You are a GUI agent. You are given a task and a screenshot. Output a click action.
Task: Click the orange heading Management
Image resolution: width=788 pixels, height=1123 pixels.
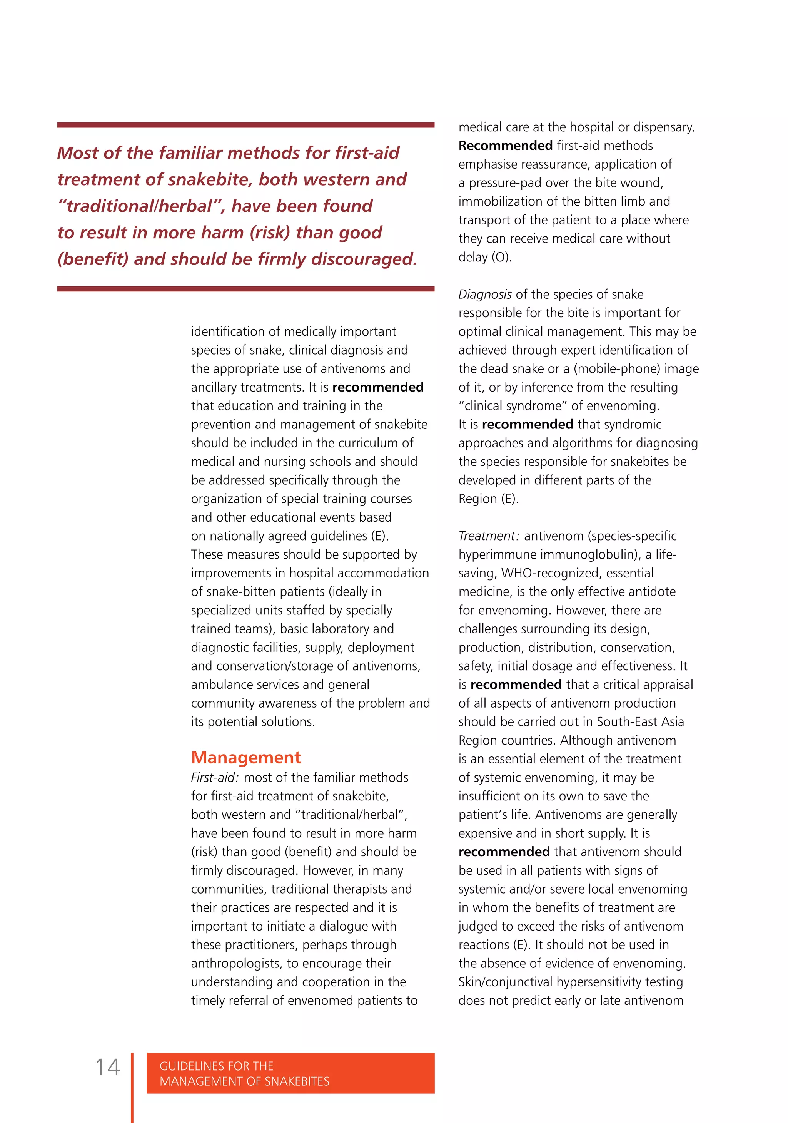tap(245, 757)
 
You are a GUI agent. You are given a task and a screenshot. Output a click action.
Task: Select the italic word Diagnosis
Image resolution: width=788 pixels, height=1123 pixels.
tap(484, 295)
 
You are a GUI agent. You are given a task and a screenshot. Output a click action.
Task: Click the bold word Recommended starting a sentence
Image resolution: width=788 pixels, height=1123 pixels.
tap(505, 146)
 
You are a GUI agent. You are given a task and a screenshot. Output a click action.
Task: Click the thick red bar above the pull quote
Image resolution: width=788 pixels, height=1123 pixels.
tap(245, 125)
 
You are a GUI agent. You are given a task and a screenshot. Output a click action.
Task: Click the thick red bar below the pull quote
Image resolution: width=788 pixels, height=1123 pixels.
tap(245, 289)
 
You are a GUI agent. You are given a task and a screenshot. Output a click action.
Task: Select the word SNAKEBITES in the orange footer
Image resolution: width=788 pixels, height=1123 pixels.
tap(296, 1081)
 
